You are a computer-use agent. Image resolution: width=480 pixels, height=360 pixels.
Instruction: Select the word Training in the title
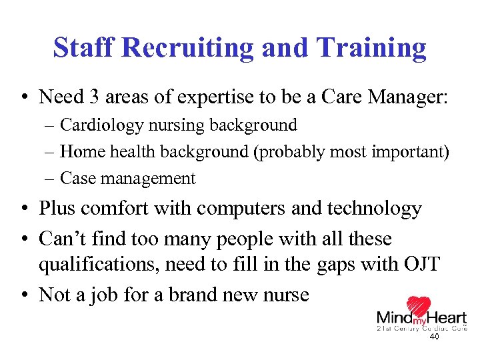(x=371, y=49)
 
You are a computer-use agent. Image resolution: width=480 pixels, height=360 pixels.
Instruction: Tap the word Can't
(x=63, y=238)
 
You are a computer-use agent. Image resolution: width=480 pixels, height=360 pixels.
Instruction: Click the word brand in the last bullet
(x=181, y=294)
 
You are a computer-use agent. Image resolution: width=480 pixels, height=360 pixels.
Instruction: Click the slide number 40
(x=434, y=337)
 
